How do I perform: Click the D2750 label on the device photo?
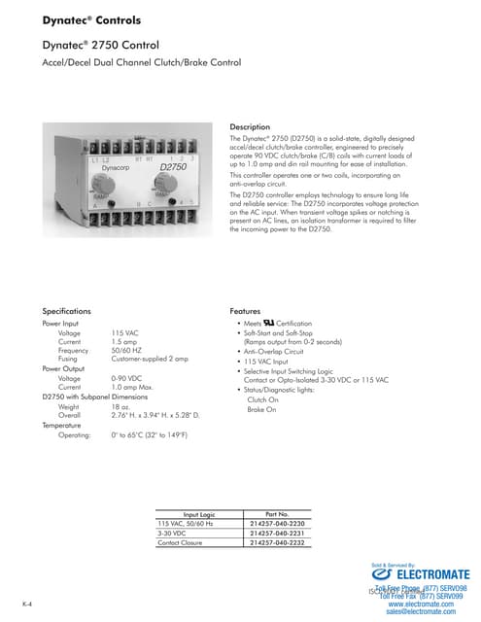(x=172, y=168)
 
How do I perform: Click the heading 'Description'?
(x=251, y=127)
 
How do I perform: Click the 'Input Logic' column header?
(x=197, y=513)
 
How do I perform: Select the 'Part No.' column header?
(x=278, y=513)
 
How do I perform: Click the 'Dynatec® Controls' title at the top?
(x=85, y=19)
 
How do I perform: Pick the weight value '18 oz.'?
(x=122, y=406)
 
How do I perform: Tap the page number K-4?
(x=29, y=604)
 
